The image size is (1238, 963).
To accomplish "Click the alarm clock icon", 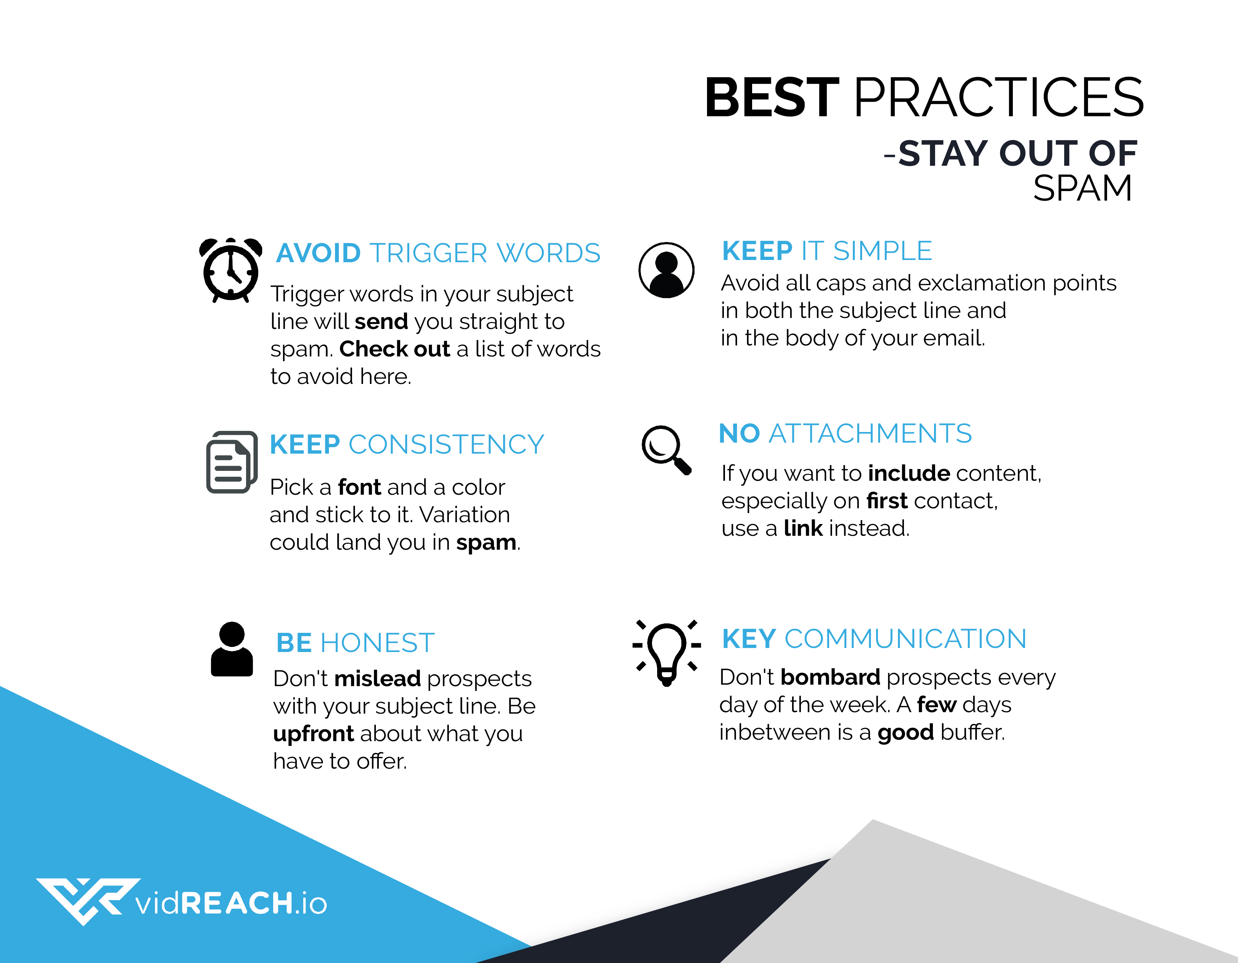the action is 231,270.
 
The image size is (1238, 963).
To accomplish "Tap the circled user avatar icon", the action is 666,270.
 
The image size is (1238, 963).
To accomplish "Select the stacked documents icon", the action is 232,462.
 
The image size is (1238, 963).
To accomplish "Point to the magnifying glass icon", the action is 666,450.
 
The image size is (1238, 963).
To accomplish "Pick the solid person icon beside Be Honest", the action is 232,649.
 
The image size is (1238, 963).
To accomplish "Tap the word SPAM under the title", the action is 1082,188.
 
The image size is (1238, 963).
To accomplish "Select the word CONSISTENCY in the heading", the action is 446,444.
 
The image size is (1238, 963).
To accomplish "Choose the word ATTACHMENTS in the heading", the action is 870,433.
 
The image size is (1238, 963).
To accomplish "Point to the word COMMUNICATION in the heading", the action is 905,639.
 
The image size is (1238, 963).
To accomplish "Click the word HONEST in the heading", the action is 377,643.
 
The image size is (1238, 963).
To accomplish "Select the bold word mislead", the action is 377,678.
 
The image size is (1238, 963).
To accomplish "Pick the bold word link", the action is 803,528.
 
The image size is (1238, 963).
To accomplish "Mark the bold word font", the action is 359,487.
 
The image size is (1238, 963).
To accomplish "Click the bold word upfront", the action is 314,735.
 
